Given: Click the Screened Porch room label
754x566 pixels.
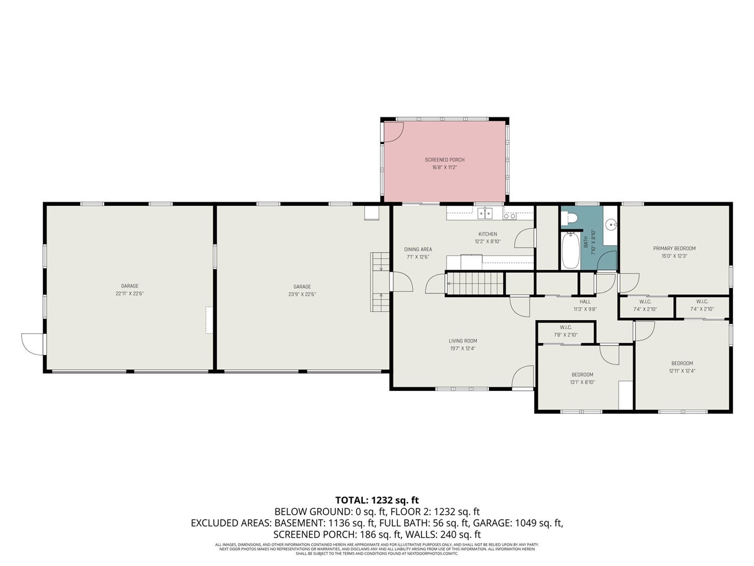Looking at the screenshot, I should (x=445, y=160).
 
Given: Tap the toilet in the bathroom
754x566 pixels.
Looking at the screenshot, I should (x=570, y=219).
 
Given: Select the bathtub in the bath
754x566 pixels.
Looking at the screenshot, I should (x=570, y=251).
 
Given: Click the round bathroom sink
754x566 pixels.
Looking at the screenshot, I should (x=611, y=224).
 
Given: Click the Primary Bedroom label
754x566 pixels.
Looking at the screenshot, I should (x=674, y=248).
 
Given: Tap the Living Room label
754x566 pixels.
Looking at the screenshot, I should (x=462, y=341).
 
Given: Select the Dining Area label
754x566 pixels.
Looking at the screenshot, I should (x=418, y=249).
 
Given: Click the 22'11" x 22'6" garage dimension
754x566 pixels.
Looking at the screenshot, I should (x=130, y=294).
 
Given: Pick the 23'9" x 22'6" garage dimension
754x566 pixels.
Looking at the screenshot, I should (x=302, y=294).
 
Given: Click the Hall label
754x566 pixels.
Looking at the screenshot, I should (x=585, y=302).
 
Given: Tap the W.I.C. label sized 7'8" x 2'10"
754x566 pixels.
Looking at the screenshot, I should (x=565, y=335).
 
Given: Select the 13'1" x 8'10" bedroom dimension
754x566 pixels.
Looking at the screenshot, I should (x=582, y=382).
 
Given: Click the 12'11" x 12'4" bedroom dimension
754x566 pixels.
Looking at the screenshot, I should (x=682, y=371).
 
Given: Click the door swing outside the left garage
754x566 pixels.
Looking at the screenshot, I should (x=32, y=344).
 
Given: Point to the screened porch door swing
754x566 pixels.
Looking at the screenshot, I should (x=391, y=133).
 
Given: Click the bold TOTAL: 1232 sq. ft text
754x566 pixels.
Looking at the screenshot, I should (x=377, y=500).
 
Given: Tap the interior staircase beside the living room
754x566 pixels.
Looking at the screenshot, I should (x=475, y=284).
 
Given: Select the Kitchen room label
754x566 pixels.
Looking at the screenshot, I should (x=487, y=234).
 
